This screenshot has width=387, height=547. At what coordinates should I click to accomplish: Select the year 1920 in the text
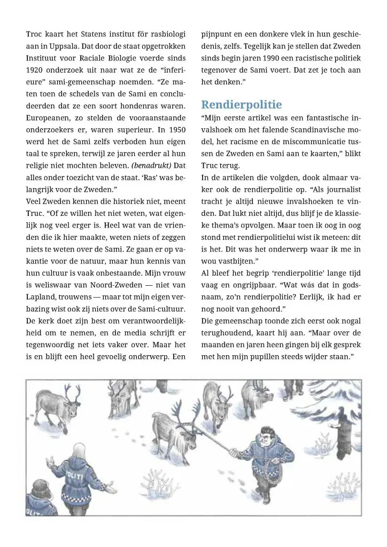tap(36, 70)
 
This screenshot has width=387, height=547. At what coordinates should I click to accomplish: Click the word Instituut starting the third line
tap(43, 58)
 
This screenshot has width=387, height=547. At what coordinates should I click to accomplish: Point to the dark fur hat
tap(40, 489)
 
